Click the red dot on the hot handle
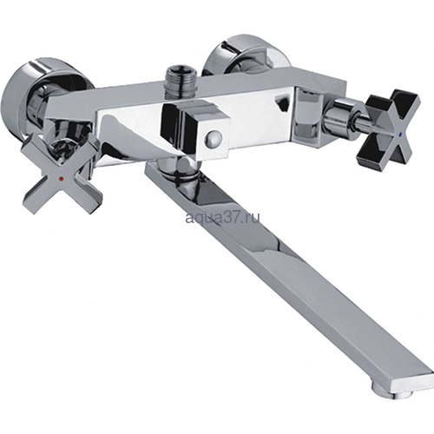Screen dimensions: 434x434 61,179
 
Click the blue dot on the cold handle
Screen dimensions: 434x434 400,135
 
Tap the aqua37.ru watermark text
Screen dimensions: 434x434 222,218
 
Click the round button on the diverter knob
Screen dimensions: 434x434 213,135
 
